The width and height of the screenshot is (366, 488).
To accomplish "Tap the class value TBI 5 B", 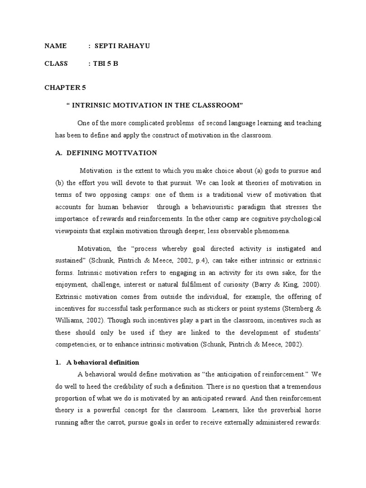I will [106, 63].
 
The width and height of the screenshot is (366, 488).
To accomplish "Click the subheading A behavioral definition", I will [103, 363].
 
